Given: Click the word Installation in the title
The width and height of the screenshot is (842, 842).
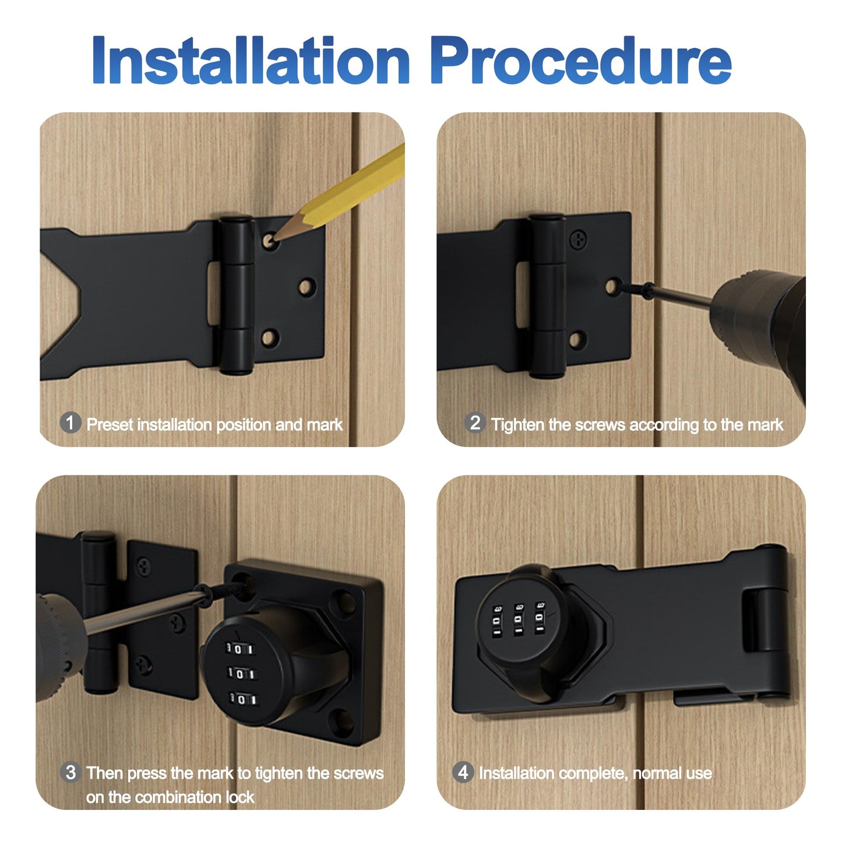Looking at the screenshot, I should pyautogui.click(x=251, y=61).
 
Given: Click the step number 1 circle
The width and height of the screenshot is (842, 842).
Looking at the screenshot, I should pyautogui.click(x=71, y=422).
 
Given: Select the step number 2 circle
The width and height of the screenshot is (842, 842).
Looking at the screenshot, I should pyautogui.click(x=475, y=422).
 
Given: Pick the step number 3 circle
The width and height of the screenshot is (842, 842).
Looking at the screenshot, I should pyautogui.click(x=71, y=773).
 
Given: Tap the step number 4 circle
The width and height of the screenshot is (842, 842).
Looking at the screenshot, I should pyautogui.click(x=463, y=773).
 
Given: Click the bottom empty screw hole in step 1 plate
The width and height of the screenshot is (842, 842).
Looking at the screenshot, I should pyautogui.click(x=269, y=338).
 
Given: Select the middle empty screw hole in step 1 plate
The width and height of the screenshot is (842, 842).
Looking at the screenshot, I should pyautogui.click(x=306, y=287).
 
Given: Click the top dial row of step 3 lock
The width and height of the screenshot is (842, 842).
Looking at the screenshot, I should pyautogui.click(x=240, y=649).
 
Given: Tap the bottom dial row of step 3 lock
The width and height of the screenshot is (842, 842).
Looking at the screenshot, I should pyautogui.click(x=242, y=699).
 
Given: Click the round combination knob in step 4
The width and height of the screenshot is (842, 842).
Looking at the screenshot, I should pyautogui.click(x=516, y=621).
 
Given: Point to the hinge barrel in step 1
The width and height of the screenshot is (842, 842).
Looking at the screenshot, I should pyautogui.click(x=236, y=294).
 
